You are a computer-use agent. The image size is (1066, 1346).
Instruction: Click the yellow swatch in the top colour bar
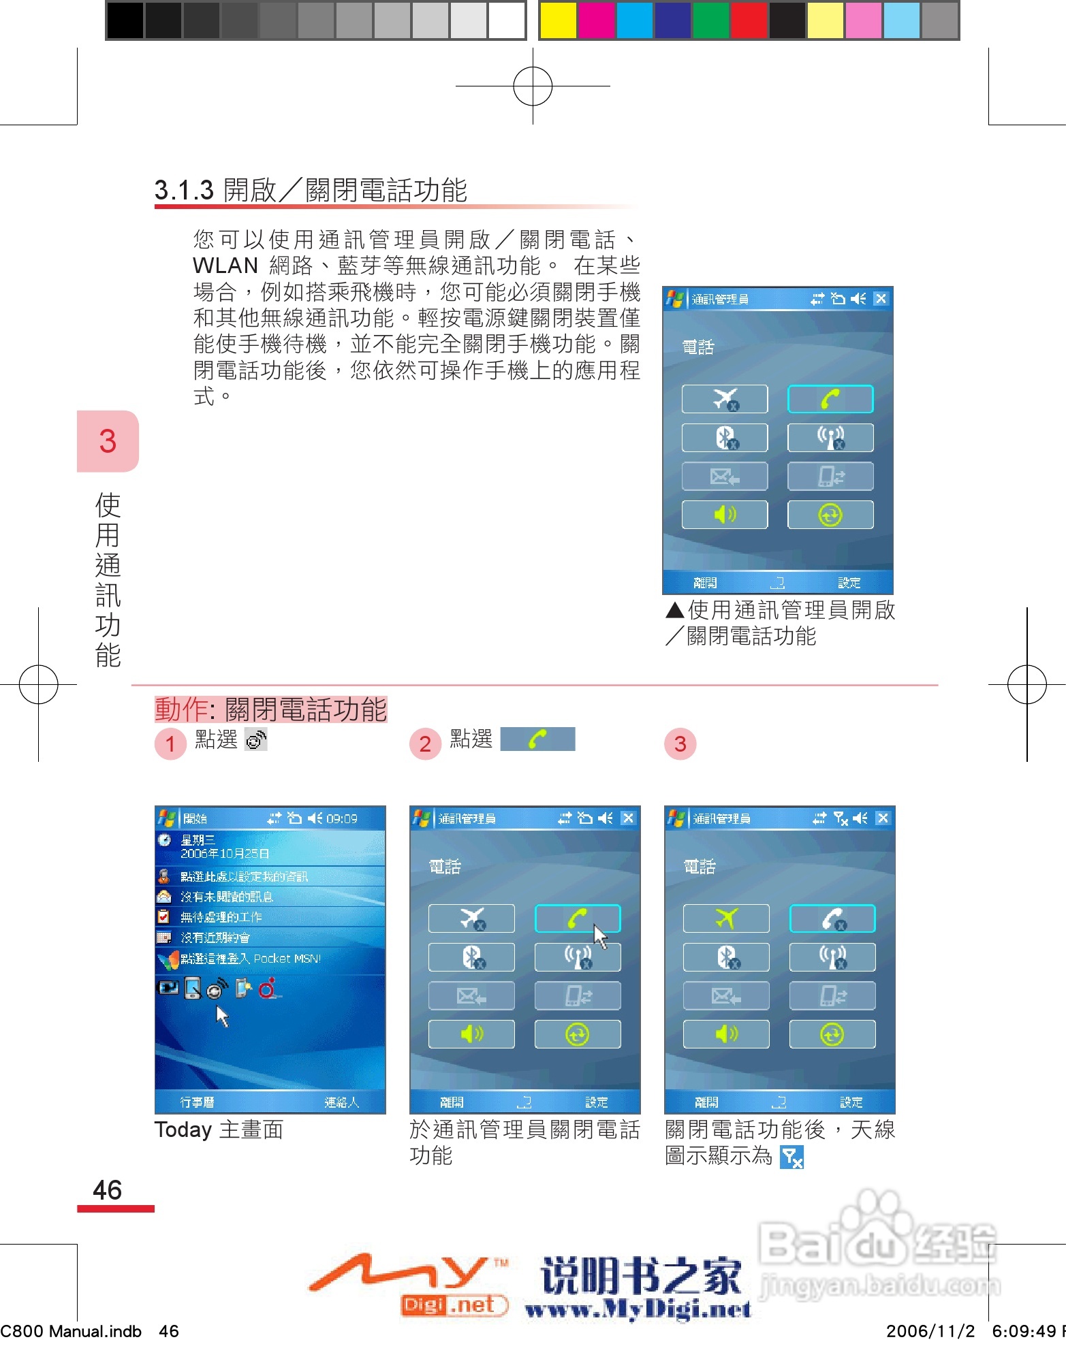[558, 20]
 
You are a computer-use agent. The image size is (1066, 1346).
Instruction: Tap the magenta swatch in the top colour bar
[596, 20]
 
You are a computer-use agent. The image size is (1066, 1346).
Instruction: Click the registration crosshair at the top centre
[533, 86]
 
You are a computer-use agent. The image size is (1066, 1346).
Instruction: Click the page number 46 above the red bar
[107, 1190]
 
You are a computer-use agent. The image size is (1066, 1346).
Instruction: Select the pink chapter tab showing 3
[108, 441]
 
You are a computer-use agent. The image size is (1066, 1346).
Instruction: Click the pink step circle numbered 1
[170, 743]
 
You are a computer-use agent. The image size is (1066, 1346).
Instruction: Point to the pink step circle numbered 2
[425, 743]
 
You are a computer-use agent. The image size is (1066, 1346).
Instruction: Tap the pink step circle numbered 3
[680, 743]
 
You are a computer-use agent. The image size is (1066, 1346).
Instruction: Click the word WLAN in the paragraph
[225, 266]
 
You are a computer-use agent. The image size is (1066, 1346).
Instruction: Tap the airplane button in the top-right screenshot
[725, 399]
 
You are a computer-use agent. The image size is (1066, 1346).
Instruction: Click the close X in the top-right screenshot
[881, 298]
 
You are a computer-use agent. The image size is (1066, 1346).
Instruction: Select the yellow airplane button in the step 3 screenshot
[726, 918]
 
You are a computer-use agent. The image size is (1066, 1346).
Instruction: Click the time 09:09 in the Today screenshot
[342, 818]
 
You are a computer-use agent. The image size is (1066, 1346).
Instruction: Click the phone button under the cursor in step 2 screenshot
[577, 918]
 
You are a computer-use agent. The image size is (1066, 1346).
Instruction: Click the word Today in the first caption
[183, 1129]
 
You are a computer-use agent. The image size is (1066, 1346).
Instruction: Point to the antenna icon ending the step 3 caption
[791, 1157]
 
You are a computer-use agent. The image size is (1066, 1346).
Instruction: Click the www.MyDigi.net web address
[638, 1309]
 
